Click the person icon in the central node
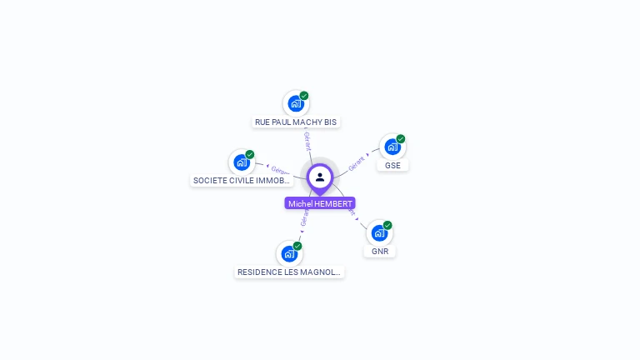[320, 177]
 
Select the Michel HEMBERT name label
[320, 203]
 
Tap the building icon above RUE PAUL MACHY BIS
[295, 103]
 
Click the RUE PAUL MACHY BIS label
[296, 122]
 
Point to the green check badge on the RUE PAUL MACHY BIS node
[304, 95]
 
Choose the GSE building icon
[392, 147]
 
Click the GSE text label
[392, 165]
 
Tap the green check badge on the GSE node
[401, 138]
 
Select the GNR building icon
[379, 232]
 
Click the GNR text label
[380, 251]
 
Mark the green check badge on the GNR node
[387, 225]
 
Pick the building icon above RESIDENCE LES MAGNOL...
[288, 253]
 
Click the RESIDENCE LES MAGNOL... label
[289, 272]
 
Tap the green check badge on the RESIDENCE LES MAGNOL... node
[297, 245]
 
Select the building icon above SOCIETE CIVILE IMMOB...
[241, 162]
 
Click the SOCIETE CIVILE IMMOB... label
[242, 180]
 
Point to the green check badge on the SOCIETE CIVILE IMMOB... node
[250, 154]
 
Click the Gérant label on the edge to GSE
[357, 162]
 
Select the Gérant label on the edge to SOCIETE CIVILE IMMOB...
[280, 170]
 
